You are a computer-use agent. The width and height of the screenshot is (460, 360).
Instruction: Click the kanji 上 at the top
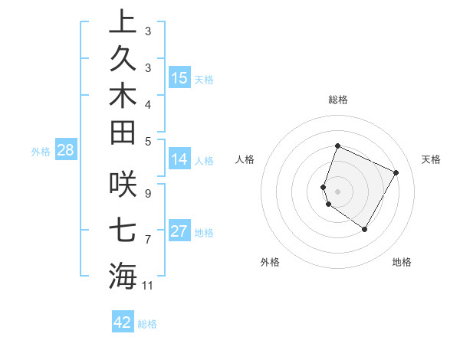[123, 21]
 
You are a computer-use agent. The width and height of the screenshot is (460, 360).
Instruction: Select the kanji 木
[123, 97]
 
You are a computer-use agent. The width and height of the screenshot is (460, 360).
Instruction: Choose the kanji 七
[123, 230]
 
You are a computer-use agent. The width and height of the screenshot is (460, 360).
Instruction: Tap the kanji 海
[123, 276]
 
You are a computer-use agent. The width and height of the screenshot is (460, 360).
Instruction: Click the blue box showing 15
[179, 78]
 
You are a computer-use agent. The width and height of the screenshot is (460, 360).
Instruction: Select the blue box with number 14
[179, 160]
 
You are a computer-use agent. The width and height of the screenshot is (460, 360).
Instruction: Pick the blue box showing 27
[179, 231]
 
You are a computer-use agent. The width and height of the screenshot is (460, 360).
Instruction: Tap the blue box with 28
[66, 150]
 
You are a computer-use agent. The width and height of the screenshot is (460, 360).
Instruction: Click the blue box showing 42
[123, 322]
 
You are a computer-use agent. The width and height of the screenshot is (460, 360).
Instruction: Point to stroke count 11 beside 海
[148, 286]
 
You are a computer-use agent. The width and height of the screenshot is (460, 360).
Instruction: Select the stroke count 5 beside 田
[148, 140]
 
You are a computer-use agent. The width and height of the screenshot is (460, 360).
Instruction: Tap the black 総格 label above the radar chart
[338, 100]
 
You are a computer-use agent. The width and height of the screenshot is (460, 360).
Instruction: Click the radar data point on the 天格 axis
[396, 172]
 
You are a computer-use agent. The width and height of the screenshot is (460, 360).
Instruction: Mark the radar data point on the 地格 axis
[364, 229]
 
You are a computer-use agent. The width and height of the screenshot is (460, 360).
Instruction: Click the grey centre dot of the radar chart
[338, 191]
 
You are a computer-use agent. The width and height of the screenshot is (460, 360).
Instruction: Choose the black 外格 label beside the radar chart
[270, 263]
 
